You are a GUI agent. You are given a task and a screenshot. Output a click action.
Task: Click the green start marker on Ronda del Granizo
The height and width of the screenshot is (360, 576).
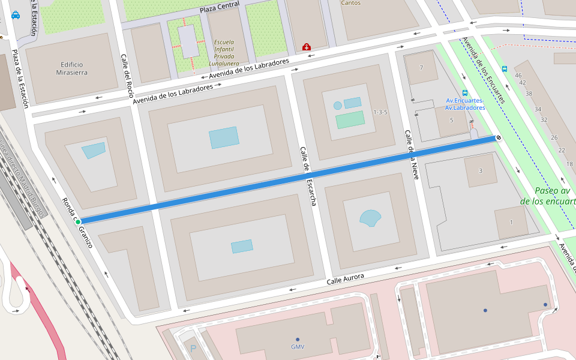point(78,222)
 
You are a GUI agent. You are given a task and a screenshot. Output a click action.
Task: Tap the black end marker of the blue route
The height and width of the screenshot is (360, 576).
point(498,138)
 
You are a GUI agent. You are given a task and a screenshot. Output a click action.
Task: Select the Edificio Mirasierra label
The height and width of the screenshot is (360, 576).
point(71,68)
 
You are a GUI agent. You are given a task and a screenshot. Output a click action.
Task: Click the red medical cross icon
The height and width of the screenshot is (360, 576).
point(307,47)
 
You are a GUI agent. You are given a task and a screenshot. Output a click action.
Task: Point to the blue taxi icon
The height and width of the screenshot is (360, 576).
point(16,15)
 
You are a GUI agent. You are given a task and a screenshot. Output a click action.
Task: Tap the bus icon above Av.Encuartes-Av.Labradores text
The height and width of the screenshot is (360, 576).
point(465,93)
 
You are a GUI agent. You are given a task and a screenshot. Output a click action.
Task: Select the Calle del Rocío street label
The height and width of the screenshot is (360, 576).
point(127,76)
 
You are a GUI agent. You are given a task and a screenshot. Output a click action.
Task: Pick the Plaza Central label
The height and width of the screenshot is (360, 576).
point(220,7)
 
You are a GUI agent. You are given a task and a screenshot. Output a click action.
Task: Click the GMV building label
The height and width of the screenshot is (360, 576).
point(298,347)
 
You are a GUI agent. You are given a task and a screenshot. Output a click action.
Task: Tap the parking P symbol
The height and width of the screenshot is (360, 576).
point(193,349)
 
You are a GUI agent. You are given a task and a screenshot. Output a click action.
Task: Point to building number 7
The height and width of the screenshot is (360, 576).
point(421,67)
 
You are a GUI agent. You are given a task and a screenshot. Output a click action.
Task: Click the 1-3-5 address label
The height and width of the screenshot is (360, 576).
point(380,112)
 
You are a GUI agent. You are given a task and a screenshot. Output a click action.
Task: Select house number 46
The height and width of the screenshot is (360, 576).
point(518,75)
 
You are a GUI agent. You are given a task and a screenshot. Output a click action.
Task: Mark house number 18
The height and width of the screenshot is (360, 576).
point(569,164)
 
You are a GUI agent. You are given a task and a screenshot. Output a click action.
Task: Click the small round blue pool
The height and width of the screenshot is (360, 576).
point(338,106)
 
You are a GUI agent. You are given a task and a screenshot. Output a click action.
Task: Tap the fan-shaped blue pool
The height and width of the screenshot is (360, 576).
point(370,218)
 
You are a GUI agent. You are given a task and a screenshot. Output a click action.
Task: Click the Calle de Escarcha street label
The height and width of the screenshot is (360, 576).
point(308,177)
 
